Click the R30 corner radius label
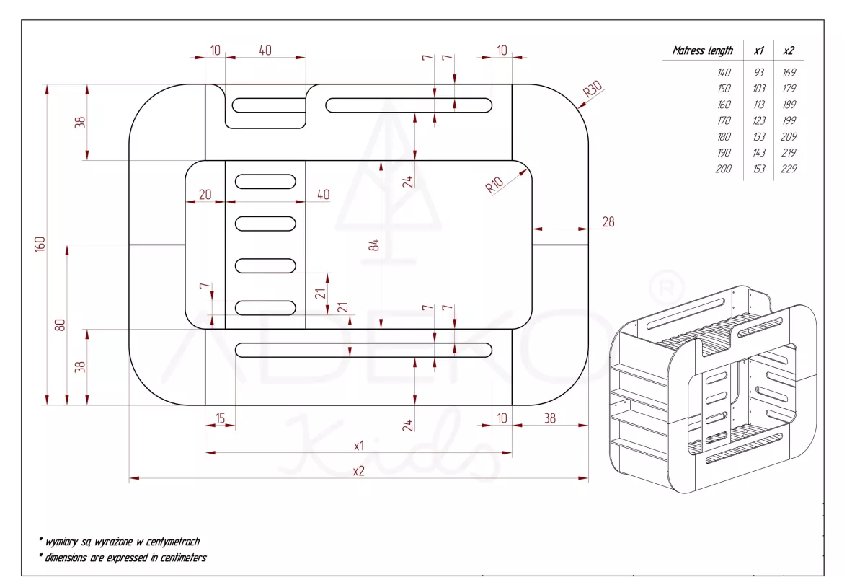(593, 90)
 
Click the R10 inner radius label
(494, 185)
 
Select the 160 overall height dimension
(40, 244)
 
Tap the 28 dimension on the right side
(608, 221)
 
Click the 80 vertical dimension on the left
(61, 325)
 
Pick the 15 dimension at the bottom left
(220, 418)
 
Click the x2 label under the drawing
(358, 471)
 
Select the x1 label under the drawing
(358, 446)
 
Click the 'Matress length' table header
(702, 50)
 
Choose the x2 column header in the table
(789, 50)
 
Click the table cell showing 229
(789, 169)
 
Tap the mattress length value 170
(724, 120)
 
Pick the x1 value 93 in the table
(758, 72)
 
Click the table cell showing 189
(789, 105)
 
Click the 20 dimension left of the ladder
(205, 194)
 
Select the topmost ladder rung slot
(265, 181)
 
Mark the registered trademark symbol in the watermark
(666, 287)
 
